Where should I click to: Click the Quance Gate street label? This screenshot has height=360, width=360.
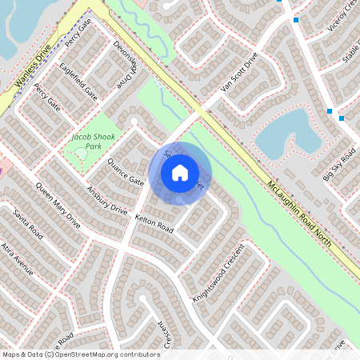pos(126,171)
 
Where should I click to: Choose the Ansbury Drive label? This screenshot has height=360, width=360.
pos(106,199)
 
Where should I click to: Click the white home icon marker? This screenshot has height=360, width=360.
pos(179,173)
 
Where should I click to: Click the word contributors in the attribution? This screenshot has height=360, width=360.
pos(137,354)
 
